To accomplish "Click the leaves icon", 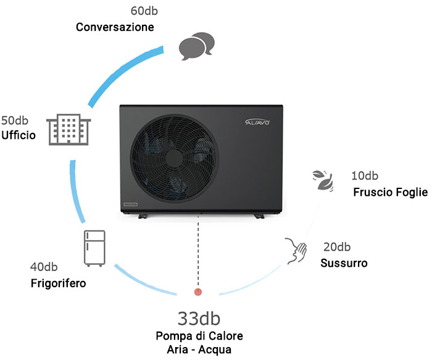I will (323, 180).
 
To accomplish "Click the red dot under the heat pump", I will (198, 291).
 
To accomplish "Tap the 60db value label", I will (144, 11).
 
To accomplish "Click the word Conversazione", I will (115, 27).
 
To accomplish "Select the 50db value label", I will (14, 119).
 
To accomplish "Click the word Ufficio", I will (18, 135).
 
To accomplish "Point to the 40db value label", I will (44, 267).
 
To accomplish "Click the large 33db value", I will (199, 318).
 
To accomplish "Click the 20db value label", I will (337, 247).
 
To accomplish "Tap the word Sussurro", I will (344, 263).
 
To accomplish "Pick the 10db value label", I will (365, 176).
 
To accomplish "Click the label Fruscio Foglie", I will (390, 192).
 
